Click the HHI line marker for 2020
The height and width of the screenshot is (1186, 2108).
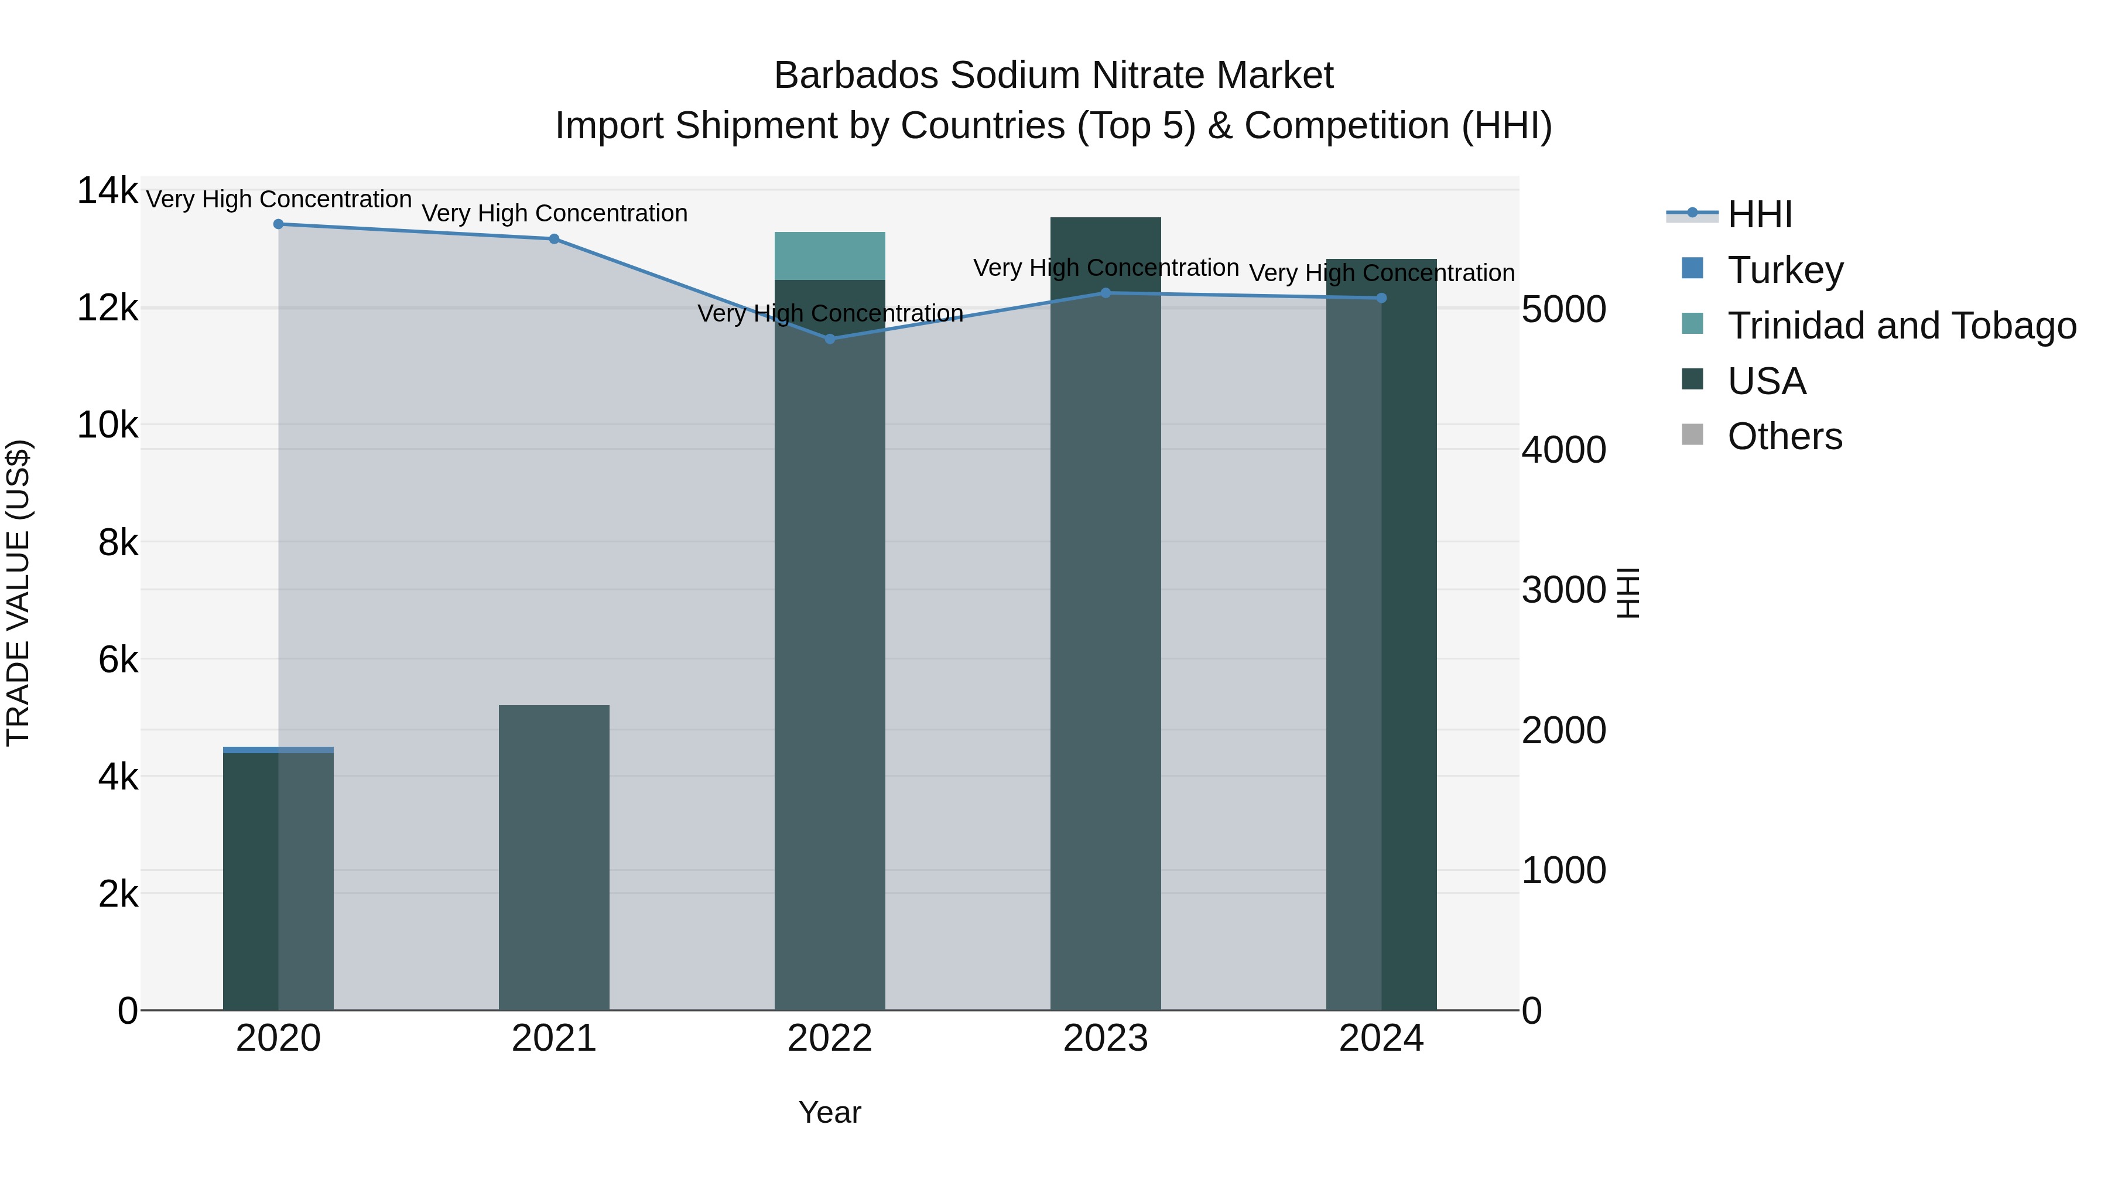point(278,224)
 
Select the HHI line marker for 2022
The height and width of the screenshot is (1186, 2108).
point(830,339)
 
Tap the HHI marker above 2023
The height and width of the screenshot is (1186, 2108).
point(1106,293)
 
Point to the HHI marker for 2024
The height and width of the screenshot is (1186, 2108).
point(1381,299)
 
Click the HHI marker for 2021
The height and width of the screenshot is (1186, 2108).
point(554,239)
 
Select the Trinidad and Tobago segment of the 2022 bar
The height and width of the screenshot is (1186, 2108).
point(830,256)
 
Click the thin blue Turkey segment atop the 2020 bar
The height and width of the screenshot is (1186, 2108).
point(278,750)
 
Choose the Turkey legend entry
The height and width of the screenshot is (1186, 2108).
point(1784,270)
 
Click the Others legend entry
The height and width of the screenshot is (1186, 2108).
point(1784,437)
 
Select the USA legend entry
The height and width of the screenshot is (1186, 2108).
point(1766,381)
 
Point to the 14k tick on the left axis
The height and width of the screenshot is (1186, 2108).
point(107,192)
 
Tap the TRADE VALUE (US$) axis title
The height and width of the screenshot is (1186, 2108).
point(18,593)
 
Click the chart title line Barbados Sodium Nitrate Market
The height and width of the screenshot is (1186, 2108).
point(1054,76)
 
